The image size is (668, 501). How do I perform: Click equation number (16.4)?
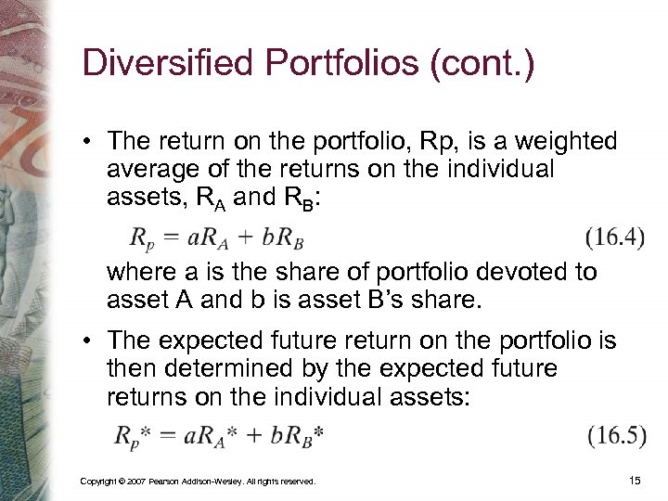point(615,238)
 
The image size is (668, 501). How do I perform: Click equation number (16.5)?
point(615,435)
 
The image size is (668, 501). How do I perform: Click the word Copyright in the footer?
point(97,482)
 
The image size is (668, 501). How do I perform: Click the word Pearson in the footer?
point(163,482)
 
